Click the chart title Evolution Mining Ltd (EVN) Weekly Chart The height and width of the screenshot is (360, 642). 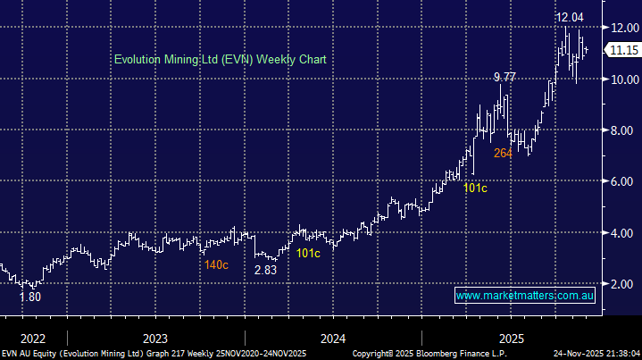click(x=220, y=59)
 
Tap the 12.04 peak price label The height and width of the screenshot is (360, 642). click(x=569, y=16)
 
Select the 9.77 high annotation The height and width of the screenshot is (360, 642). click(x=504, y=78)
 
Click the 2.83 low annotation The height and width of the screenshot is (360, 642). click(x=265, y=269)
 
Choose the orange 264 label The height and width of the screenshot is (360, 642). click(x=503, y=153)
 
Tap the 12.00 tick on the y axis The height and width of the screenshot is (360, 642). click(x=621, y=28)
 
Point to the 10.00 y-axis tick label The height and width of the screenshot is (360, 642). click(x=621, y=80)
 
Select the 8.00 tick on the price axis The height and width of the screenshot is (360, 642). click(x=621, y=130)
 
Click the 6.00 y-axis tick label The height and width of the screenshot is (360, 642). click(x=621, y=181)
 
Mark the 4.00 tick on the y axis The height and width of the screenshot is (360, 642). click(x=621, y=233)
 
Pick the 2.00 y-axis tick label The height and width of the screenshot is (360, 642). click(x=621, y=284)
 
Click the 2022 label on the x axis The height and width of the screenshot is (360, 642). click(x=32, y=339)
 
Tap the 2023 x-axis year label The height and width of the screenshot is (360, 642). click(x=154, y=339)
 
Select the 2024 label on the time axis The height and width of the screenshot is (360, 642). click(x=333, y=339)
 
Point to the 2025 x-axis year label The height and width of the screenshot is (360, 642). click(x=511, y=339)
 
